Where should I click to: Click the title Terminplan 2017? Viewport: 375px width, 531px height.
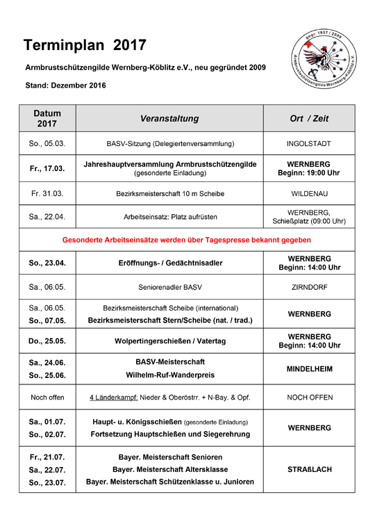pos(85,46)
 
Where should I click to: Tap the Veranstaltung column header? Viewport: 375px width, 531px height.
pos(169,119)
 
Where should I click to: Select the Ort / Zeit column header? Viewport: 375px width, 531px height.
pos(309,119)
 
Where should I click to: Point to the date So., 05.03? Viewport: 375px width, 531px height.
pos(47,144)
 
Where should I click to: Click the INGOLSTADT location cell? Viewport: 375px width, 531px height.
pos(309,144)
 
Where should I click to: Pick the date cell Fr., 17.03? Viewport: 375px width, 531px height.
pos(47,168)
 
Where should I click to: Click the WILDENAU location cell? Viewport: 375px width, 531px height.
pos(309,193)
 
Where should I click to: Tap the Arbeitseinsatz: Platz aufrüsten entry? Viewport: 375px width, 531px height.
pos(169,216)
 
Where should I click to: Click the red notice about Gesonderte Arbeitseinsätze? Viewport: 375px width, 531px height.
pos(187,240)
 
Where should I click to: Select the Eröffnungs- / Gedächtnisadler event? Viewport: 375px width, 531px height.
pos(169,263)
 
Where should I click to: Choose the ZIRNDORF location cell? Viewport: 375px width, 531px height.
pos(309,286)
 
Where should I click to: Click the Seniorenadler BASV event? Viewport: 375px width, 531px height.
pos(169,286)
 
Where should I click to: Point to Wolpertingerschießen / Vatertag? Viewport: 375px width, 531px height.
pos(169,341)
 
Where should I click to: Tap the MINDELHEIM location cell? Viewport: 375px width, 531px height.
pos(309,369)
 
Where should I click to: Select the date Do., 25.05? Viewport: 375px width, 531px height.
pos(47,341)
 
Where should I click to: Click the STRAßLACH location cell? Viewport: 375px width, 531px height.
pos(309,469)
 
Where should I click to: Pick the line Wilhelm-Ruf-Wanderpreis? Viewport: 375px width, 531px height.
pos(169,375)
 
